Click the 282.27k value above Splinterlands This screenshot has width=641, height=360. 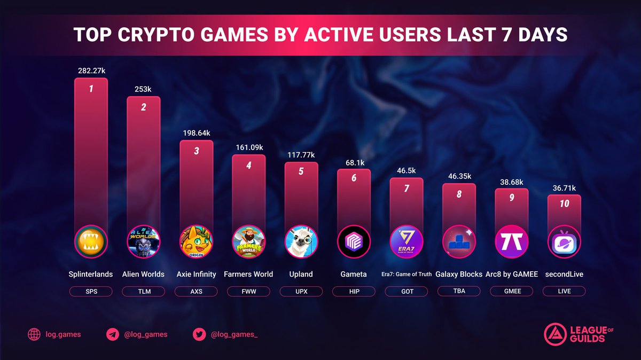pyautogui.click(x=91, y=70)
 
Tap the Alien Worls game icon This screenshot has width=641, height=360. pyautogui.click(x=144, y=242)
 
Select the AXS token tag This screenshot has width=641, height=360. pyautogui.click(x=196, y=291)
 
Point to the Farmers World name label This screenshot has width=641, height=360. pyautogui.click(x=248, y=274)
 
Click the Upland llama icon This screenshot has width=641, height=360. pyautogui.click(x=301, y=242)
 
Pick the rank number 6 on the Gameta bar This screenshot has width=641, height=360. pyautogui.click(x=354, y=178)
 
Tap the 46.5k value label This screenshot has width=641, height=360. pyautogui.click(x=407, y=170)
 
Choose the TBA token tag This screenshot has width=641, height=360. pyautogui.click(x=459, y=291)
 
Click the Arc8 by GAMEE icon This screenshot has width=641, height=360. pyautogui.click(x=511, y=242)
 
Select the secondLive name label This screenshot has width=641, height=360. pyautogui.click(x=564, y=274)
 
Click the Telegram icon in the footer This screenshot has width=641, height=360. pyautogui.click(x=113, y=335)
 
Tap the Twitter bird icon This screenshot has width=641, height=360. pyautogui.click(x=200, y=335)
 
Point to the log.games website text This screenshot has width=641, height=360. pyautogui.click(x=63, y=335)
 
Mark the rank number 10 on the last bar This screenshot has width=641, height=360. pyautogui.click(x=564, y=204)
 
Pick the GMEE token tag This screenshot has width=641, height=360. pyautogui.click(x=511, y=291)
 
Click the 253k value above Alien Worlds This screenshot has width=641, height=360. pyautogui.click(x=143, y=90)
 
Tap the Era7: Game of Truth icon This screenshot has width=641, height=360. pyautogui.click(x=407, y=242)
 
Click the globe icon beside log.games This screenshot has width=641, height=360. pyautogui.click(x=34, y=335)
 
